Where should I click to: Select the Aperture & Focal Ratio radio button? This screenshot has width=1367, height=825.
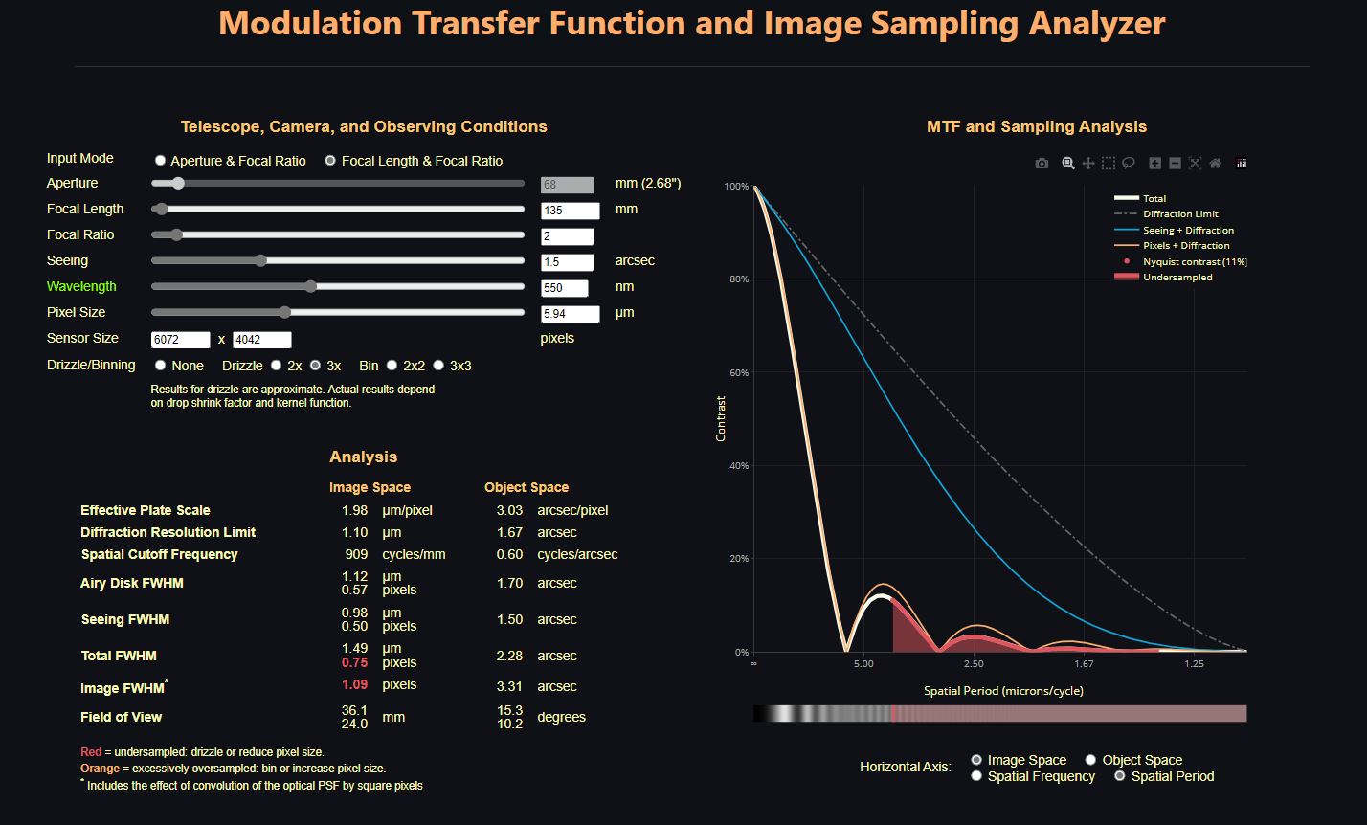[x=161, y=161]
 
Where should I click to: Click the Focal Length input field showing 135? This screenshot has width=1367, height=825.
[x=570, y=210]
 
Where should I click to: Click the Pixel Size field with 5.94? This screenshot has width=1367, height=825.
[x=570, y=313]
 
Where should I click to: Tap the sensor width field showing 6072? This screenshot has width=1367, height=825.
[x=180, y=340]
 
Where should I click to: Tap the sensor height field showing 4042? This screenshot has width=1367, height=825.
[x=261, y=340]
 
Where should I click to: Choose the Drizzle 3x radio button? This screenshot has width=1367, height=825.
[x=315, y=366]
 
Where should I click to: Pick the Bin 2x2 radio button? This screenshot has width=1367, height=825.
[x=390, y=366]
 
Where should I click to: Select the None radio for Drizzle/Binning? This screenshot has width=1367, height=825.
[x=161, y=366]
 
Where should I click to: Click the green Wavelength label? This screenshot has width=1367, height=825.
[x=81, y=286]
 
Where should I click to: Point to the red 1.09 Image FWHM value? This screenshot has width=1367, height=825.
[x=354, y=685]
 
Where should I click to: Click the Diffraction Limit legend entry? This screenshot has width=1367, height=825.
[x=1180, y=214]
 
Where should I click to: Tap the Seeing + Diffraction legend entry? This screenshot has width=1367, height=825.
[x=1188, y=230]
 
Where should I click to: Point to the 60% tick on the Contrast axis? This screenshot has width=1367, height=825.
[x=736, y=372]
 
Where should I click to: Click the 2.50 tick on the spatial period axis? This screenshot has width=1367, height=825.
[x=974, y=664]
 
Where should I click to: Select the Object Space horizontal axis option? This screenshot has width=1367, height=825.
[x=1090, y=760]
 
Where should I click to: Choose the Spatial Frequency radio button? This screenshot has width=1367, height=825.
[x=976, y=776]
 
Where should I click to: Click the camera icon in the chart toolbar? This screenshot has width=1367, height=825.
[x=1042, y=164]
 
